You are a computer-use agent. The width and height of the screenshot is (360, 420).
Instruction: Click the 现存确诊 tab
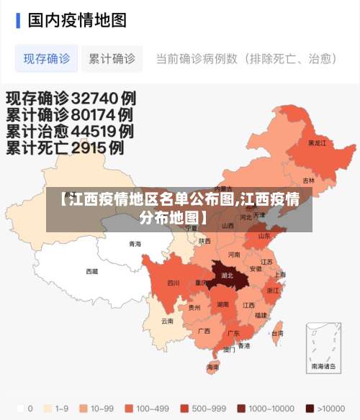[47, 58]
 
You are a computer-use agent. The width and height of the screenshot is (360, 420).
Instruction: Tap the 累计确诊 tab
[112, 58]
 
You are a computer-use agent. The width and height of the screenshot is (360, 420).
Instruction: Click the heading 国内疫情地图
[77, 19]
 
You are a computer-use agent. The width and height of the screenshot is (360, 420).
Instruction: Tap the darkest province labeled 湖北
[228, 275]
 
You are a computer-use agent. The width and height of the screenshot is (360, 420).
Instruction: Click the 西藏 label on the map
[92, 271]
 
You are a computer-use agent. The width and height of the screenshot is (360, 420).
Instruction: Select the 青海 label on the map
[135, 244]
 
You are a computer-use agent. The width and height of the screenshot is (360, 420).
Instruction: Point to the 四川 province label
[173, 283]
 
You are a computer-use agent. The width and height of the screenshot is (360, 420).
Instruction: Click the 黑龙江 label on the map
[317, 143]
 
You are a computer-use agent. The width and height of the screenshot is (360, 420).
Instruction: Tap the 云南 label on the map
[167, 321]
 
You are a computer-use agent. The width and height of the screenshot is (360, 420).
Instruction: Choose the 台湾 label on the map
[276, 333]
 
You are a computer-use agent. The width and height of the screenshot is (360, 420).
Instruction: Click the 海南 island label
[212, 366]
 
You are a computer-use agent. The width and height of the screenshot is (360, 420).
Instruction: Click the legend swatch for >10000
[310, 408]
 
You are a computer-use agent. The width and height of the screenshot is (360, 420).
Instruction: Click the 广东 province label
[233, 333]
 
